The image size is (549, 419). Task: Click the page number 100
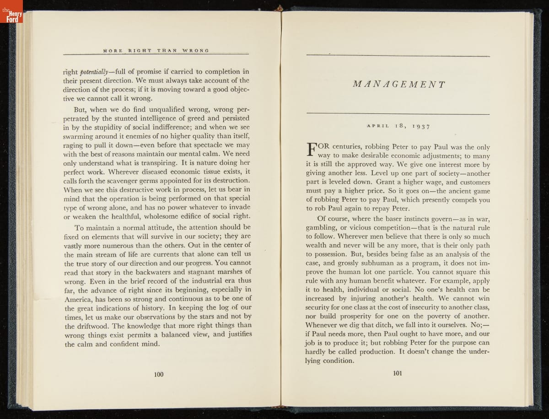(x=159, y=375)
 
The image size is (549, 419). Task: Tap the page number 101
(x=397, y=373)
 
